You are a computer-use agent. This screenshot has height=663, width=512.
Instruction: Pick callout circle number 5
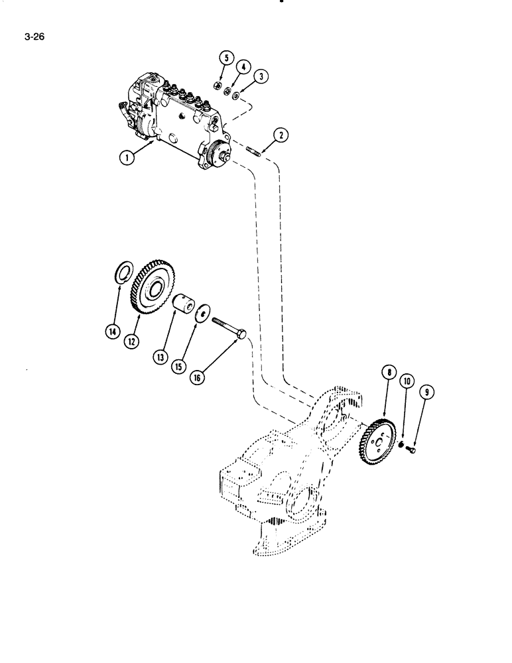point(225,59)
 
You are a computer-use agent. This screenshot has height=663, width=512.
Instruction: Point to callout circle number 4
point(244,67)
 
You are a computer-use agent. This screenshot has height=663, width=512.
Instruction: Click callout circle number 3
point(263,77)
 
